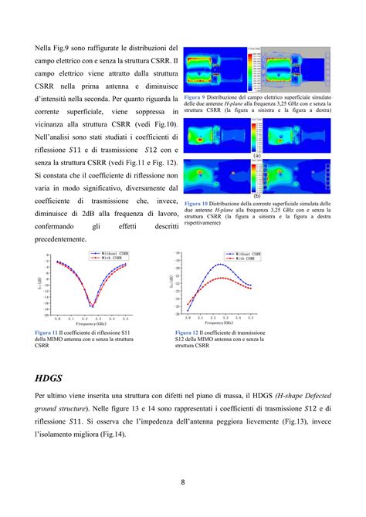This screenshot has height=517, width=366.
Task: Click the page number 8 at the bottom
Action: click(183, 484)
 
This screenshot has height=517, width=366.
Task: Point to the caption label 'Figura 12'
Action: click(189, 333)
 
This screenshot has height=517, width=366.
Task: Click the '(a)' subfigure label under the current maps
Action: click(256, 155)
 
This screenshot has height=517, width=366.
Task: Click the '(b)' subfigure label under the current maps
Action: click(256, 195)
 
